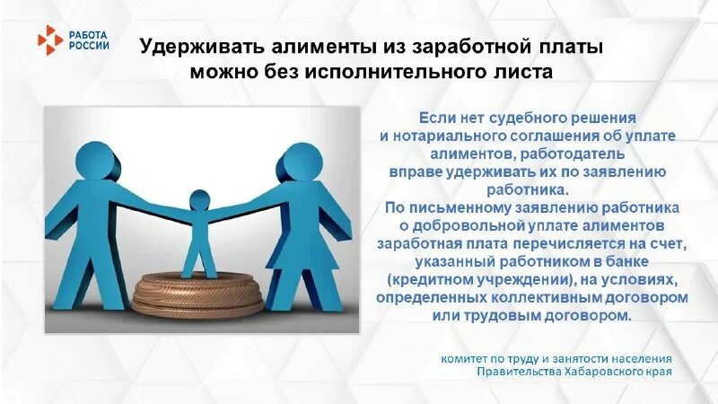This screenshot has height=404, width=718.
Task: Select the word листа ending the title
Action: (x=521, y=70)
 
